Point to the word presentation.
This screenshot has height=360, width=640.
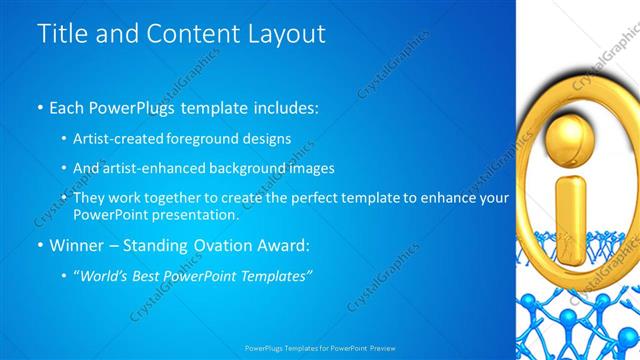[x=195, y=215]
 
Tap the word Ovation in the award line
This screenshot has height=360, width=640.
[x=225, y=245]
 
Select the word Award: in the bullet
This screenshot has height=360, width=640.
[x=285, y=245]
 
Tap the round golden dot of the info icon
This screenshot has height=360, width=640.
[x=571, y=132]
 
